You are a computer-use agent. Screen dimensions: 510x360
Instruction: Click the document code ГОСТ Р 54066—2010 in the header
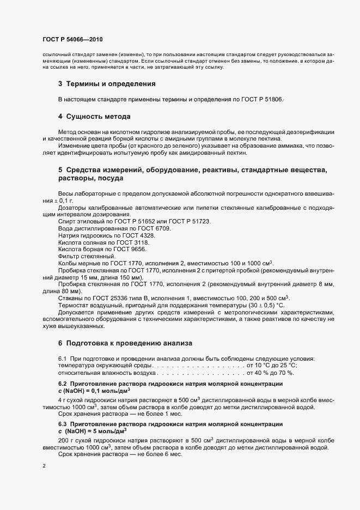pyautogui.click(x=72, y=40)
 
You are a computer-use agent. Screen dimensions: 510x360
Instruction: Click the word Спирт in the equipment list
pyautogui.click(x=68, y=222)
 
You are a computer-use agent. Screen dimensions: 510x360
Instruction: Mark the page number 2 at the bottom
pyautogui.click(x=44, y=466)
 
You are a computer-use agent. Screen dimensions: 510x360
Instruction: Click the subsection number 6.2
pyautogui.click(x=63, y=384)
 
